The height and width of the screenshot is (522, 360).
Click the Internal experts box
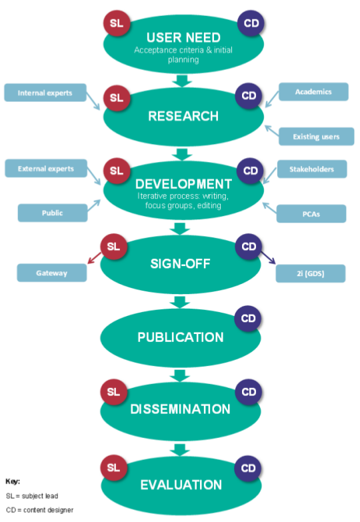pyautogui.click(x=45, y=93)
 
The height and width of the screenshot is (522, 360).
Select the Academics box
pyautogui.click(x=313, y=92)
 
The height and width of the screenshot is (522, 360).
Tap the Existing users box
pyautogui.click(x=315, y=137)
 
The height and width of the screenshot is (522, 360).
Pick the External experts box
pyautogui.click(x=46, y=169)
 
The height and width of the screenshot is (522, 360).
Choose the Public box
pyautogui.click(x=51, y=213)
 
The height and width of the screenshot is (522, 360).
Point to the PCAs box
pyautogui.click(x=312, y=213)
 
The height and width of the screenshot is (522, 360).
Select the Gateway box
pyautogui.click(x=51, y=273)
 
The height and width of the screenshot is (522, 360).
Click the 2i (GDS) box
pyautogui.click(x=311, y=273)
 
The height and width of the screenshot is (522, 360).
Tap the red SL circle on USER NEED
pyautogui.click(x=117, y=24)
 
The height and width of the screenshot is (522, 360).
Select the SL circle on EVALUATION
pyautogui.click(x=114, y=467)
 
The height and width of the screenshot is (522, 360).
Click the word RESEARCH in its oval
pyautogui.click(x=183, y=117)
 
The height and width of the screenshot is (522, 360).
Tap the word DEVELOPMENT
pyautogui.click(x=183, y=184)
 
